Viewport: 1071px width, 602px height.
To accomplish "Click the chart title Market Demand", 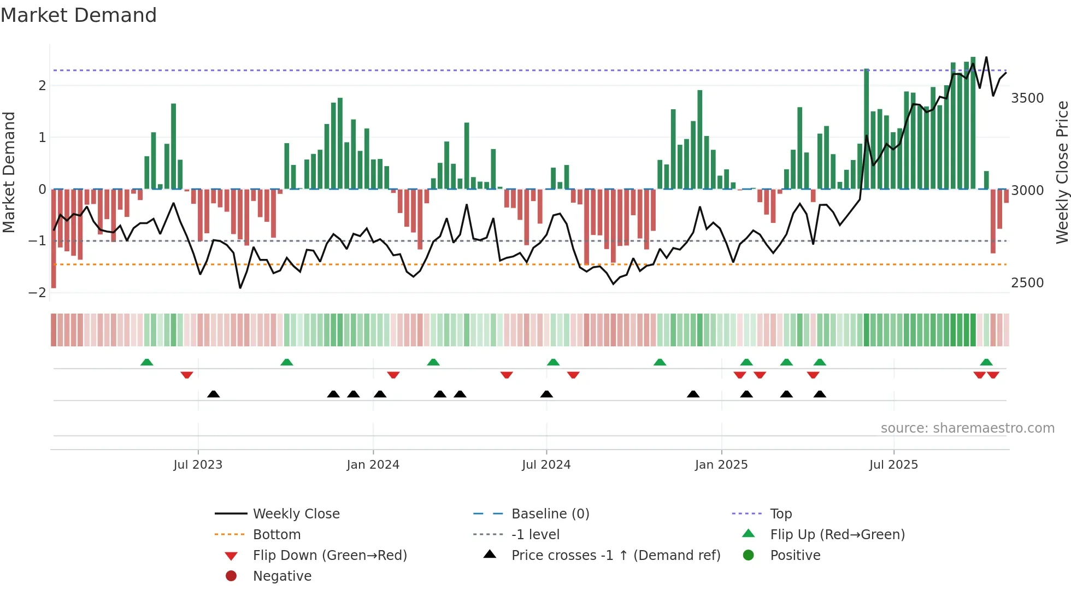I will tap(79, 15).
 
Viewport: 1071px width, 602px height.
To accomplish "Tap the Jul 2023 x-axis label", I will tap(198, 465).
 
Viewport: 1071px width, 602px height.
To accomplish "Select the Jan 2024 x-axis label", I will tap(373, 465).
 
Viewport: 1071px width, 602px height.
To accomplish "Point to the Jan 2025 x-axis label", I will tap(721, 465).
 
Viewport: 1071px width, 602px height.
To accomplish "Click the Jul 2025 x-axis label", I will tap(894, 465).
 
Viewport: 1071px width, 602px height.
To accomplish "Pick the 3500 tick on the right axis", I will tap(1027, 98).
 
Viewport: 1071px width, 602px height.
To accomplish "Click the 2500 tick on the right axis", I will tap(1027, 283).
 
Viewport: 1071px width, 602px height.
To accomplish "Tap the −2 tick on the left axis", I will tap(37, 293).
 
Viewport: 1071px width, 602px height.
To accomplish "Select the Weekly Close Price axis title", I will tap(1062, 172).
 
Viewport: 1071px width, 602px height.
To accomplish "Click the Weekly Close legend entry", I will tap(296, 514).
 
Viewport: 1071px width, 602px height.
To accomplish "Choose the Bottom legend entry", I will tap(276, 535).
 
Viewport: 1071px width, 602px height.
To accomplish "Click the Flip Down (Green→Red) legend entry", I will tap(329, 556).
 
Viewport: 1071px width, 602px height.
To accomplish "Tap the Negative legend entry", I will tap(282, 576).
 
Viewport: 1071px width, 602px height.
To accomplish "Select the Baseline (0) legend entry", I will tap(550, 514).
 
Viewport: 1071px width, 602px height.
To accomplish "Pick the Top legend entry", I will tap(781, 514).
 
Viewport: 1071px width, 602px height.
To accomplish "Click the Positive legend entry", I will tap(795, 556).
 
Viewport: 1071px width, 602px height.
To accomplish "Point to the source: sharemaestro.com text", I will tap(967, 428).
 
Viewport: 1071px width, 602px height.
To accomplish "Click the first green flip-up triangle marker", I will tap(146, 362).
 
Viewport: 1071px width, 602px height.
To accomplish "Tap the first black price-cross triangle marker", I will tap(214, 394).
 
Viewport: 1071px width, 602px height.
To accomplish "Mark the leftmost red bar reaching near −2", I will tap(54, 238).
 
